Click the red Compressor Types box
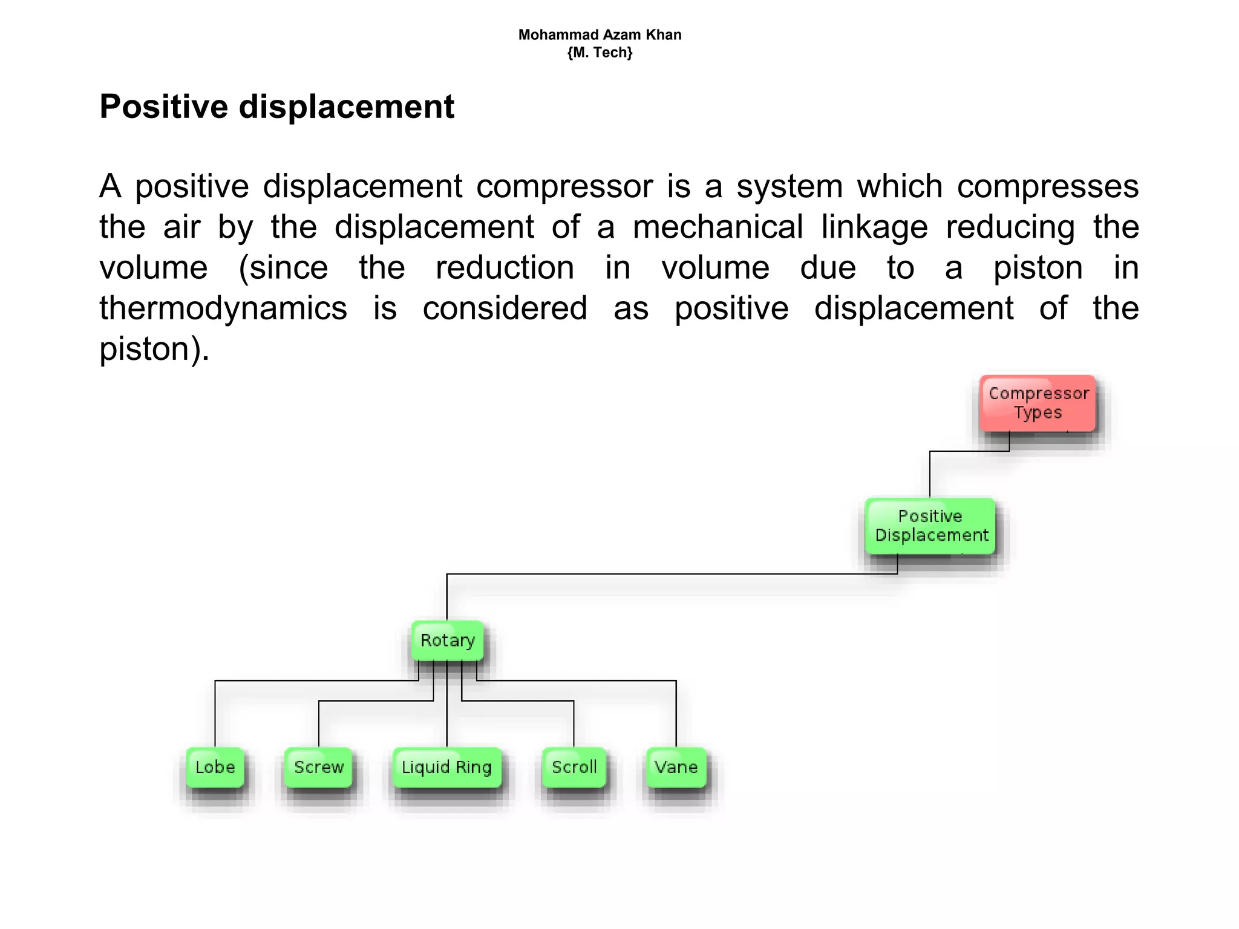click(x=1038, y=403)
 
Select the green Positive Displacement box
click(x=930, y=526)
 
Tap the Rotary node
click(x=447, y=641)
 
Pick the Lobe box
click(x=215, y=768)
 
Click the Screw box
click(x=318, y=768)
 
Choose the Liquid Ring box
click(x=446, y=768)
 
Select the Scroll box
click(x=574, y=768)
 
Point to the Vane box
click(x=676, y=768)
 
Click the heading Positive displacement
click(x=276, y=107)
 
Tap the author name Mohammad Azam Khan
click(x=600, y=35)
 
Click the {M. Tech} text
click(x=600, y=53)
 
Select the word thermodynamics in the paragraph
click(x=223, y=308)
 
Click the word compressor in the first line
click(x=564, y=186)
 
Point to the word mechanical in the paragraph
click(x=718, y=227)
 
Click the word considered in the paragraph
click(x=505, y=308)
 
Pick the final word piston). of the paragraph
click(x=154, y=350)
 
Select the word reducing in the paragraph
click(x=1010, y=227)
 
